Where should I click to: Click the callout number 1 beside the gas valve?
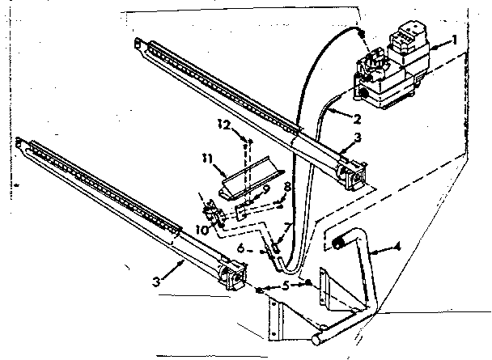[x=454, y=39]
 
